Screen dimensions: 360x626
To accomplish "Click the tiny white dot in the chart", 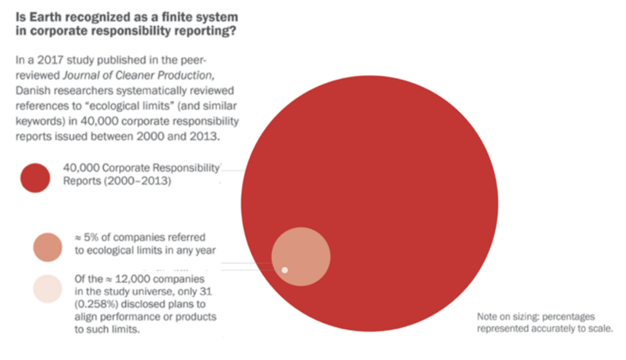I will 284,270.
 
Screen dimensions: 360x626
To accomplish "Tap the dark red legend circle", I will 35,178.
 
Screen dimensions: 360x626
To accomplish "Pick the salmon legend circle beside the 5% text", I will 47,247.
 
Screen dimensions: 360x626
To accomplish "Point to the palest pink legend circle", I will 47,289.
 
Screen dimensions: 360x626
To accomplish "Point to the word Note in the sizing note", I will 486,317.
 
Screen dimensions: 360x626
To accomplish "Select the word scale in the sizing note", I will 600,328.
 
